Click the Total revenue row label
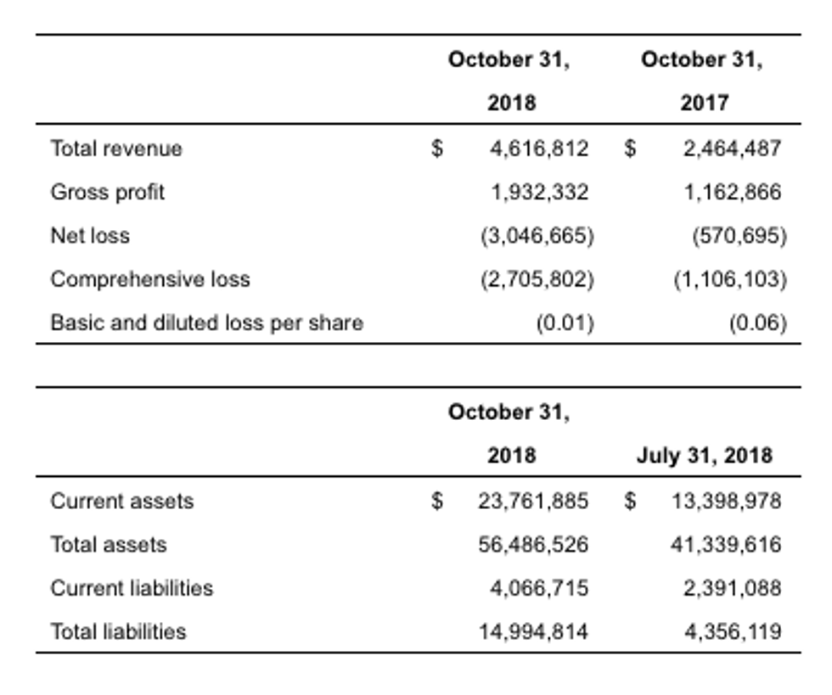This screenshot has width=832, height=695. (116, 149)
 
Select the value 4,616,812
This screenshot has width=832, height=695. (538, 149)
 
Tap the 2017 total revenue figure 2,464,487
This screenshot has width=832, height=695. (732, 149)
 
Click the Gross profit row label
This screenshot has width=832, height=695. (108, 192)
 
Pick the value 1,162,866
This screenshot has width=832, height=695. (732, 192)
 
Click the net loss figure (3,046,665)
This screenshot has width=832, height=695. (537, 235)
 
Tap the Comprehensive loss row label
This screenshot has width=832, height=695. (150, 279)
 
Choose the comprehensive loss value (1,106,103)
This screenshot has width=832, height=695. (730, 279)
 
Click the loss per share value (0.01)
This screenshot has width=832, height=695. (565, 322)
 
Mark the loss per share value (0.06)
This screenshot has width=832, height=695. (758, 322)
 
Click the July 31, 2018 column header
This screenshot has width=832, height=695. (705, 455)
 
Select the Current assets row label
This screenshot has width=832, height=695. (122, 501)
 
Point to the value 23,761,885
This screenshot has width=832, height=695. (532, 501)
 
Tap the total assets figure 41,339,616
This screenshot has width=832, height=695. (726, 544)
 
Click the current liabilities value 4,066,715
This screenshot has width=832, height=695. (538, 587)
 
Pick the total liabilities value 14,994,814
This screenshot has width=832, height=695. (532, 631)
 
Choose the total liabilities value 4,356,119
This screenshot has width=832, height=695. (732, 631)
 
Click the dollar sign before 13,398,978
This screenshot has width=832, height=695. (630, 501)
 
